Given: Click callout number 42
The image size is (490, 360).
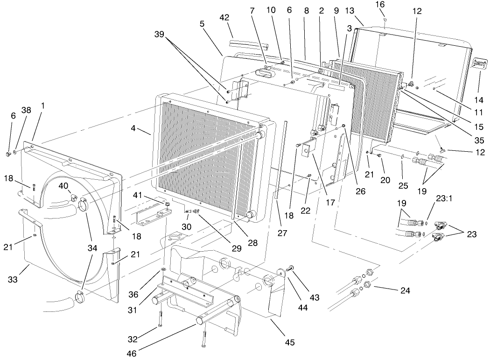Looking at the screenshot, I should [224, 18].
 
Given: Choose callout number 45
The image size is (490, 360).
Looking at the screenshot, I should [290, 342].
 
